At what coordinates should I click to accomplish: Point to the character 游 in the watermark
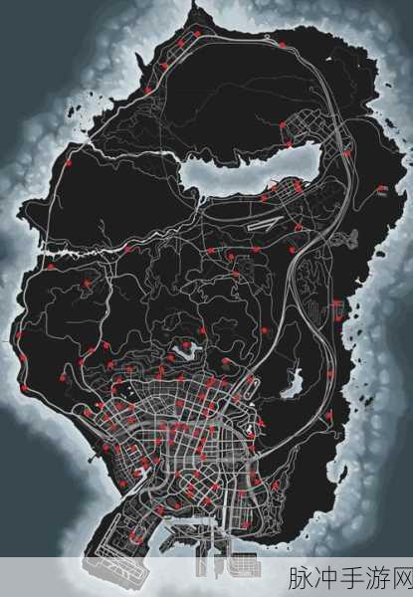point(373,579)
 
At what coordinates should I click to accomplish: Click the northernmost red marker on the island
point(196,34)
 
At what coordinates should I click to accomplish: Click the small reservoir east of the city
point(294,378)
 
